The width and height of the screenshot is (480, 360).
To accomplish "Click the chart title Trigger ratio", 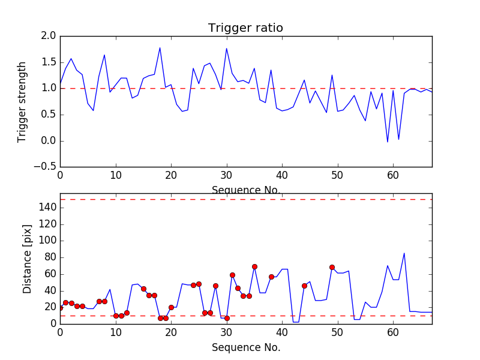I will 245,28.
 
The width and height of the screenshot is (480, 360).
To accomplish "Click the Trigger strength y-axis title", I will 22,101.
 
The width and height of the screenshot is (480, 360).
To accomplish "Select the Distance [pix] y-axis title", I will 28,259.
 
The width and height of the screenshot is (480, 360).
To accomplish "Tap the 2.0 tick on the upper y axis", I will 49,36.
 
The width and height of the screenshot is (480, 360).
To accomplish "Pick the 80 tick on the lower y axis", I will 49,257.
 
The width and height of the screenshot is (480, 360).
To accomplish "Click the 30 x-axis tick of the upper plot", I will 227,175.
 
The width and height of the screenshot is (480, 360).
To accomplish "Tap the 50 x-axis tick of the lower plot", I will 338,331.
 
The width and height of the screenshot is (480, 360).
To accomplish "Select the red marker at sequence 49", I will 332,267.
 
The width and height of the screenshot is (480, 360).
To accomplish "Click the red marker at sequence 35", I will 254,266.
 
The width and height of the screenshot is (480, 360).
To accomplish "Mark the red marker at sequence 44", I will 304,286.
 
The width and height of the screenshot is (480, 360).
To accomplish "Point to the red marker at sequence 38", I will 271,277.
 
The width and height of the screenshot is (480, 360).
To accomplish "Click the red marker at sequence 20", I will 171,307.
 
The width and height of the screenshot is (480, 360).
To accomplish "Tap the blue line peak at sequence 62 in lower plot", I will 404,253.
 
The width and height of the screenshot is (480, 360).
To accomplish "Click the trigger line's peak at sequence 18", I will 160,48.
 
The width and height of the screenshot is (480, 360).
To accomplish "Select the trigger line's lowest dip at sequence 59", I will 388,142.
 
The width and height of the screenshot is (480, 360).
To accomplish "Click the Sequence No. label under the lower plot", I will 246,347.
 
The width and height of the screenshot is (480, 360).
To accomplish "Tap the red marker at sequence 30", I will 227,318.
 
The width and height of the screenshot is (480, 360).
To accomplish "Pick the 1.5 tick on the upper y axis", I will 49,62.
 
